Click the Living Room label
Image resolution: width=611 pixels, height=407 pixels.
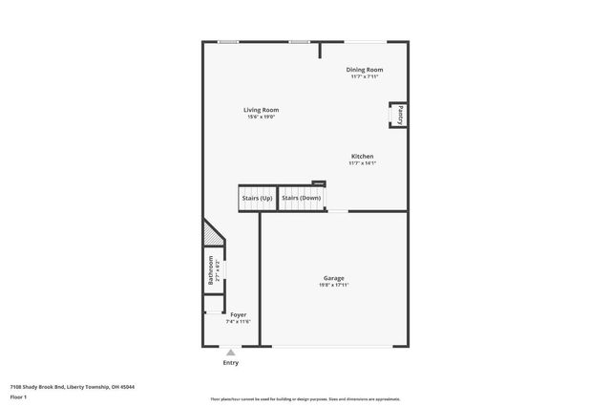(x=261, y=110)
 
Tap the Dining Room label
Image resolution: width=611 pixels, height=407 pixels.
(x=365, y=70)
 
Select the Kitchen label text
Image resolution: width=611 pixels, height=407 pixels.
(x=362, y=156)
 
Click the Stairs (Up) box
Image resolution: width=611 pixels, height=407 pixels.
(x=257, y=198)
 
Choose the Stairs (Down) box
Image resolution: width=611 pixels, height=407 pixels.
(x=301, y=198)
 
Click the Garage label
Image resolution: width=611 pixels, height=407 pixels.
(x=333, y=278)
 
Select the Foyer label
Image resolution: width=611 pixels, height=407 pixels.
(x=238, y=314)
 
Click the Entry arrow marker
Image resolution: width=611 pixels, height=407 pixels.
(x=230, y=353)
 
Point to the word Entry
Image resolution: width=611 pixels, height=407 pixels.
(x=230, y=362)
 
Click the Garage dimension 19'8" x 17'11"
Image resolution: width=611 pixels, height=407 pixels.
(x=333, y=285)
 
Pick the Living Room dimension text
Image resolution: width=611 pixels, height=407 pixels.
(x=261, y=117)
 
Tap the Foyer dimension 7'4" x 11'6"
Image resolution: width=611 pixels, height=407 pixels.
(x=238, y=321)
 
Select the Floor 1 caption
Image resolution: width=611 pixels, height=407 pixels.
(x=18, y=396)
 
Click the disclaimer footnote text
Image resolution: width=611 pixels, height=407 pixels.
(x=305, y=397)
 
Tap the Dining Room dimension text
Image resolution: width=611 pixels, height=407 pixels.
(x=365, y=76)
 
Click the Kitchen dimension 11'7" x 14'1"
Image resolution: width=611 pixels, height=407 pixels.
(x=362, y=162)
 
